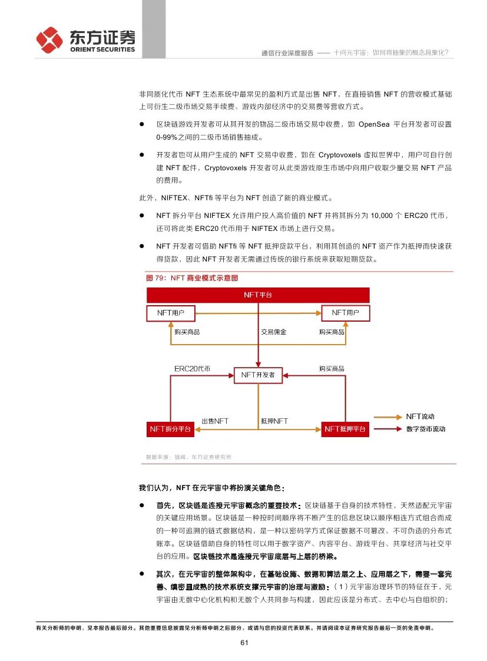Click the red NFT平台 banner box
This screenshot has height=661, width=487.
pos(258,295)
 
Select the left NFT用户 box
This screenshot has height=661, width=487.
pos(170,313)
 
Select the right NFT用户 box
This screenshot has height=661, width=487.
pos(345,313)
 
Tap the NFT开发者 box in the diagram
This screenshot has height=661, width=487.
pos(258,375)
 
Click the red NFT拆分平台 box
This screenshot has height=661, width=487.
pos(170,429)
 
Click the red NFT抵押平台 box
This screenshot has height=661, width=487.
pos(345,429)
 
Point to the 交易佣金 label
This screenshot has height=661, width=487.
pos(273,332)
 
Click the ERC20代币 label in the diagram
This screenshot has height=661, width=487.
pos(192,368)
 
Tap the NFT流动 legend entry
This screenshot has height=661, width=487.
pos(420,417)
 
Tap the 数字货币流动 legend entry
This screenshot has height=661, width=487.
pos(425,429)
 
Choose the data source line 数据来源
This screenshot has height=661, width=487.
pos(188,457)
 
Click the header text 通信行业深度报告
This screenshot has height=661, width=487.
pos(287,52)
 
